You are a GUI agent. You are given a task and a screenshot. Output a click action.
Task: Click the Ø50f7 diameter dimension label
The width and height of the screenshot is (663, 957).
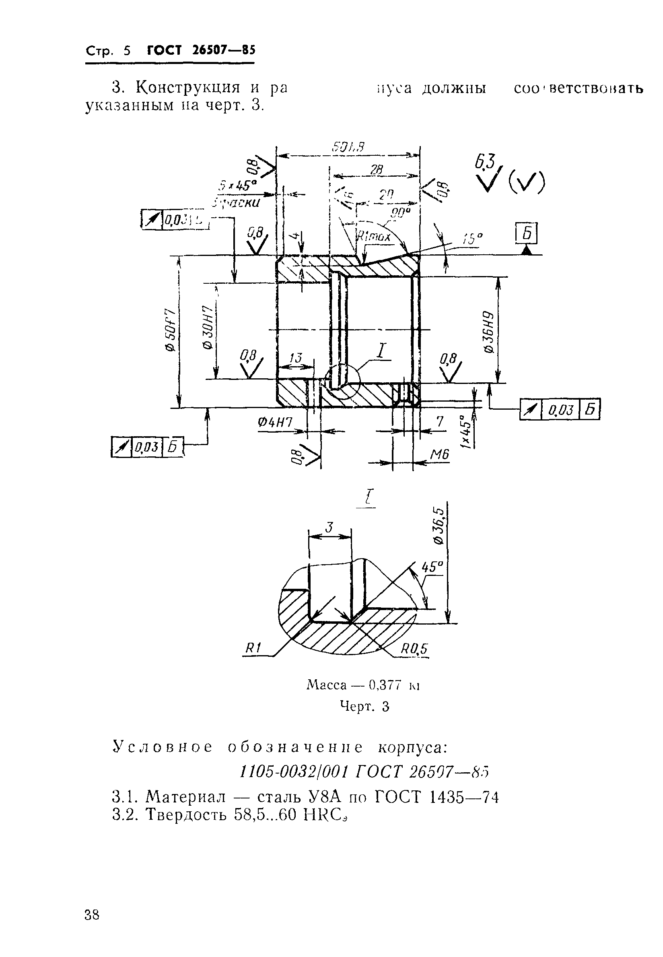click(x=170, y=330)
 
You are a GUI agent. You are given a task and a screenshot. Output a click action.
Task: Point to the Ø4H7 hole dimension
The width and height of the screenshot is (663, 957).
click(x=275, y=423)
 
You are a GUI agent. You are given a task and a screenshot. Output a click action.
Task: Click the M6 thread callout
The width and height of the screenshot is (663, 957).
click(x=439, y=455)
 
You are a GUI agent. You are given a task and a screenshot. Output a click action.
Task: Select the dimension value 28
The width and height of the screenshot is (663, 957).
click(x=377, y=169)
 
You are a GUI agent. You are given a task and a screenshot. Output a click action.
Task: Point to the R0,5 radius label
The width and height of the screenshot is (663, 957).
click(x=414, y=649)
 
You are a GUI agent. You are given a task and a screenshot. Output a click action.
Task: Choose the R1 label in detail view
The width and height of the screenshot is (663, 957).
click(x=253, y=648)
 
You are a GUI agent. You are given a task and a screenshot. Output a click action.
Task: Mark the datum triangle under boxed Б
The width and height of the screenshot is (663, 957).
click(x=527, y=250)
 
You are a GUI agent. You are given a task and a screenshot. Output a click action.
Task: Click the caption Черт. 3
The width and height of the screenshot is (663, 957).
click(x=364, y=706)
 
